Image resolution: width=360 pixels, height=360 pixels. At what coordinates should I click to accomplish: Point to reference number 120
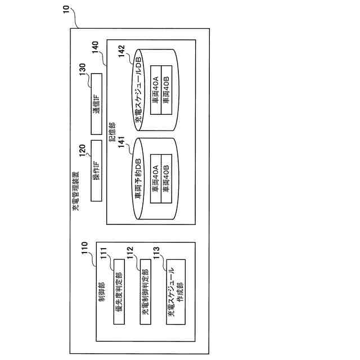[x=82, y=148]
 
